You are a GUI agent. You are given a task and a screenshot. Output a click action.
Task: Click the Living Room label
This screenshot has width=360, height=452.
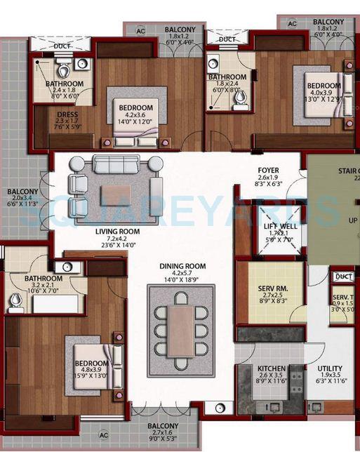pyautogui.click(x=118, y=231)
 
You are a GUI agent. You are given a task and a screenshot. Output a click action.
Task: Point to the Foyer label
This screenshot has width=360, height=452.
pyautogui.click(x=268, y=171)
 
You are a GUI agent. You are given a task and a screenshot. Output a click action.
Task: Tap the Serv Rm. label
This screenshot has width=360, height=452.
pyautogui.click(x=269, y=287)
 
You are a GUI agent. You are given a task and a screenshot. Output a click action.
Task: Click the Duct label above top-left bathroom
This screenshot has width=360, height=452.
pyautogui.click(x=62, y=46)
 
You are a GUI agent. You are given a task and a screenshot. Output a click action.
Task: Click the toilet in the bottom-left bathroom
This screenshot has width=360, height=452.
pyautogui.click(x=16, y=303)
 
